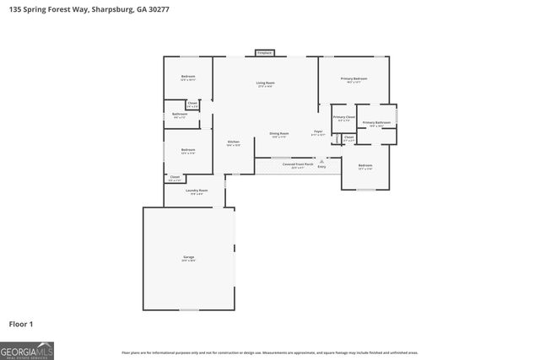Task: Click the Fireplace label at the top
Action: (264, 53)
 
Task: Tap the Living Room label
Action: (266, 83)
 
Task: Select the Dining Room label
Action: (279, 133)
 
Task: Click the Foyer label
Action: (318, 132)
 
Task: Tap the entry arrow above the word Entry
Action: (321, 161)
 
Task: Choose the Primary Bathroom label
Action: (376, 123)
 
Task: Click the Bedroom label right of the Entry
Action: (364, 165)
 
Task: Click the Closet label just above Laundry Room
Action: (175, 177)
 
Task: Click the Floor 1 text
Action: (20, 324)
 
